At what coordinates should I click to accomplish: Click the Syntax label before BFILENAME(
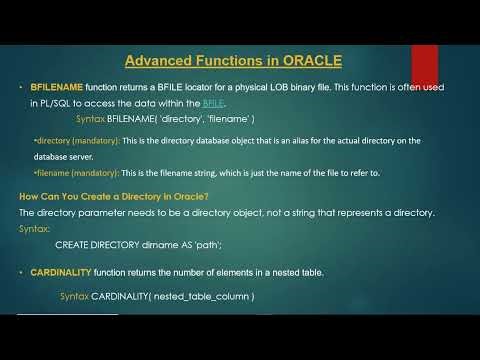pyautogui.click(x=94, y=118)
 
